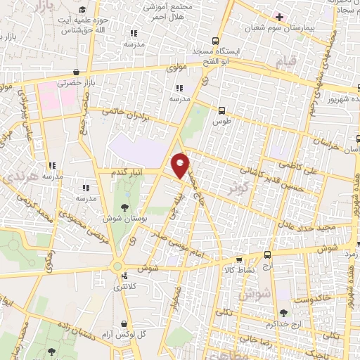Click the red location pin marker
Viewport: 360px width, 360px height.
[x=181, y=165]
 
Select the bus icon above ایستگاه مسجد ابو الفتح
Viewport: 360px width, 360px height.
[x=216, y=40]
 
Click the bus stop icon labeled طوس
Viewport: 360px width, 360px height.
[x=222, y=110]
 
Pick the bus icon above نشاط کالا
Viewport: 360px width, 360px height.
[x=267, y=255]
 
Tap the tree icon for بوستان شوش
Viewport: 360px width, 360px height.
[x=125, y=207]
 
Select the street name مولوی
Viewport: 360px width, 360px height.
[x=176, y=69]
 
